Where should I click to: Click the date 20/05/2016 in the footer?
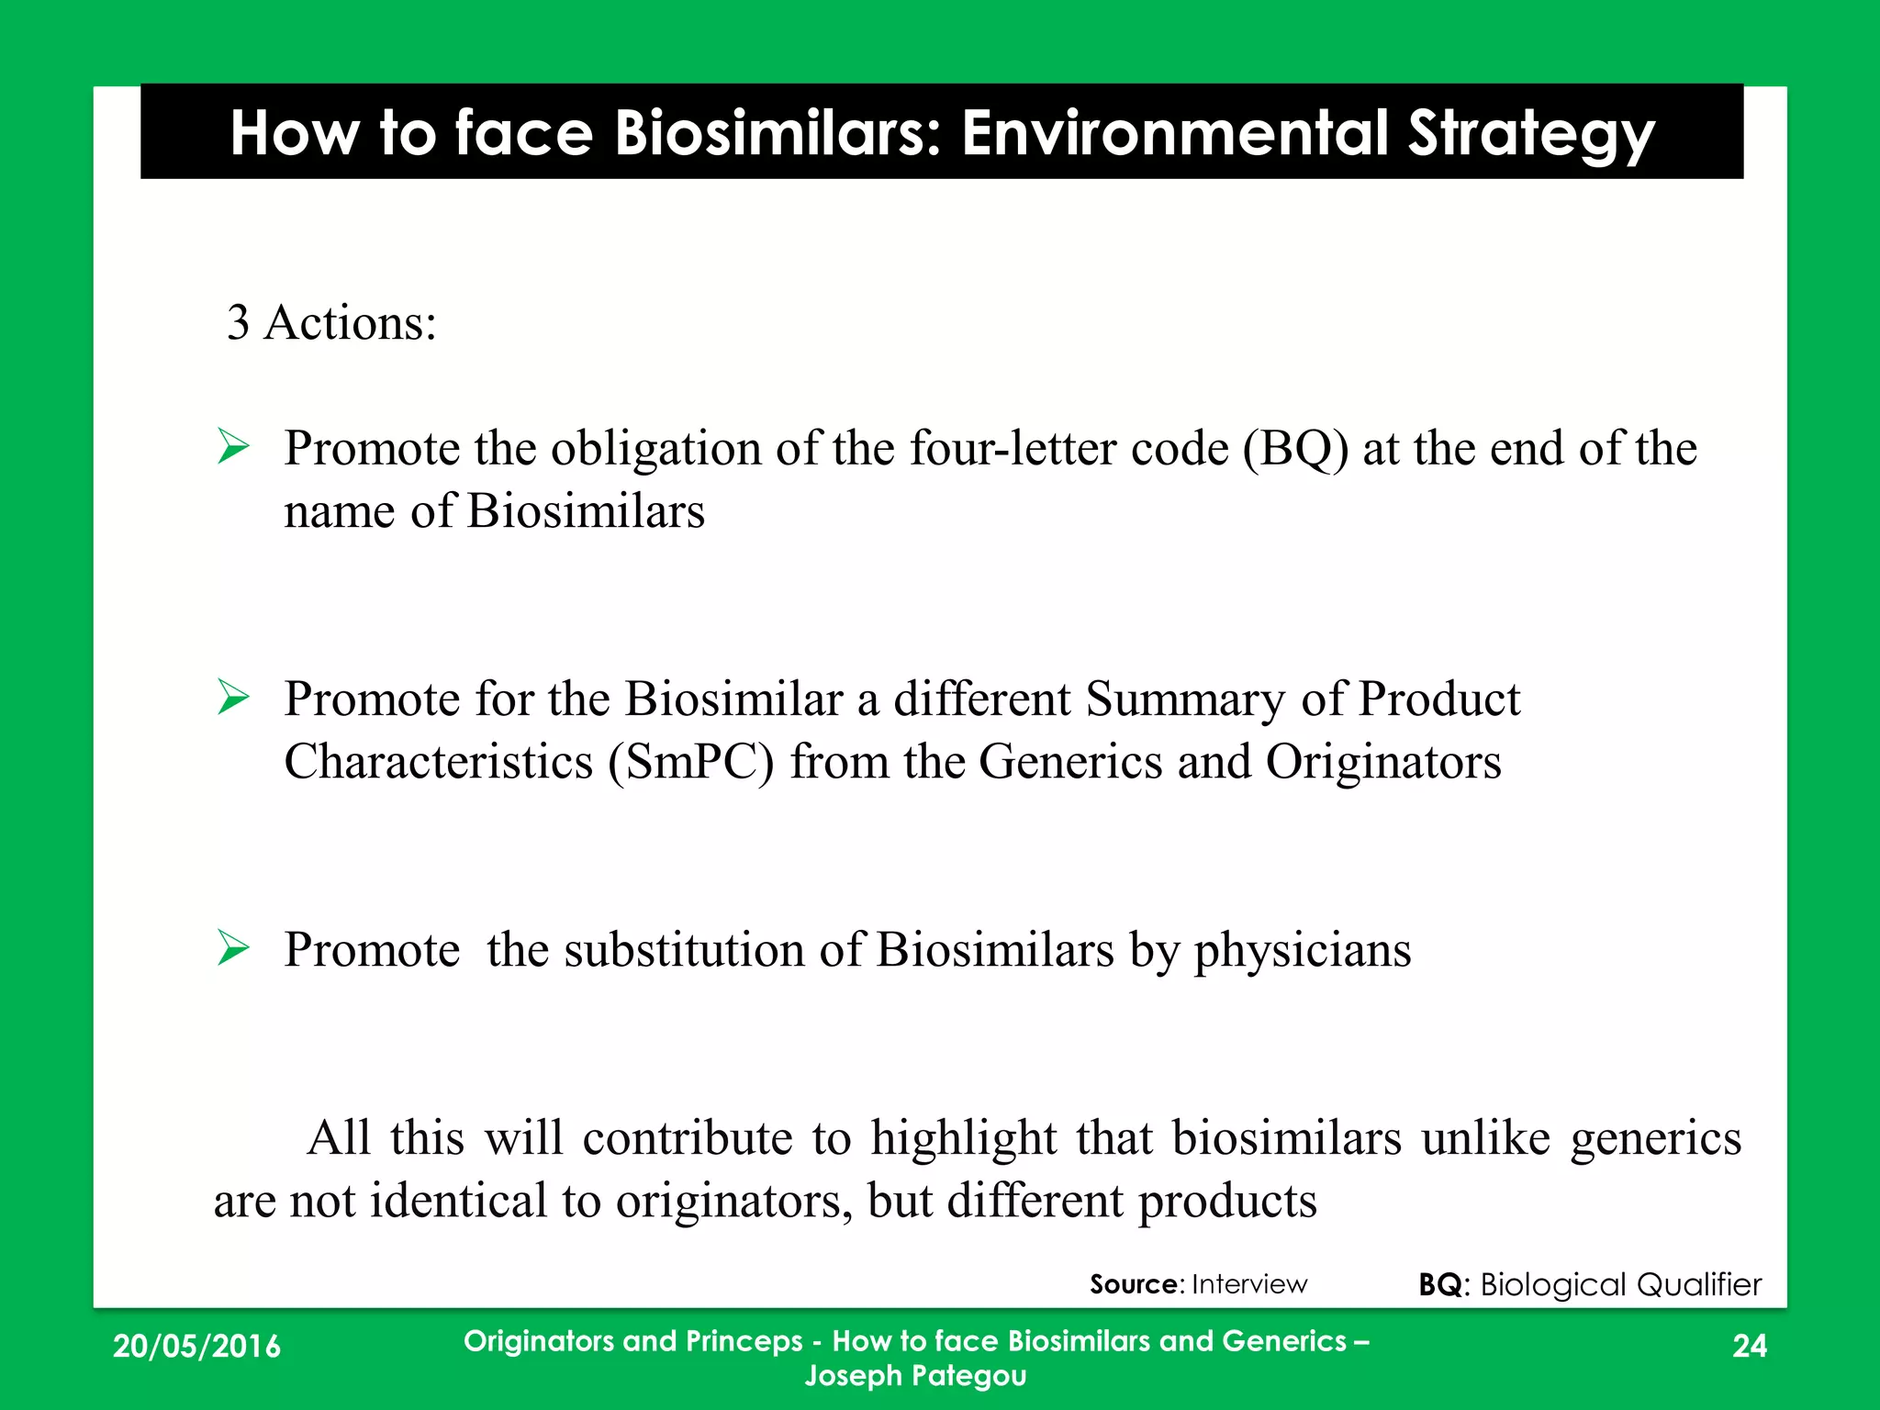pyautogui.click(x=196, y=1346)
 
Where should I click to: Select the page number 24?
pyautogui.click(x=1749, y=1346)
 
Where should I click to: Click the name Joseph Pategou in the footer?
pyautogui.click(x=915, y=1376)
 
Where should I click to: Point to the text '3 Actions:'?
pyautogui.click(x=331, y=323)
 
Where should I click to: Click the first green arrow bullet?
pyautogui.click(x=234, y=447)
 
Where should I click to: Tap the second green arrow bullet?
pyautogui.click(x=234, y=698)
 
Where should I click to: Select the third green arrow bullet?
pyautogui.click(x=234, y=948)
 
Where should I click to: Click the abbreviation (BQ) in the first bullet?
pyautogui.click(x=1294, y=449)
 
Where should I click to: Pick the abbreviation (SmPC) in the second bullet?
pyautogui.click(x=690, y=763)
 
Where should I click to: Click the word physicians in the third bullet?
pyautogui.click(x=1302, y=951)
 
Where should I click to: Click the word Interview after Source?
pyautogui.click(x=1248, y=1284)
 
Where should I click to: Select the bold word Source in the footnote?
pyautogui.click(x=1134, y=1284)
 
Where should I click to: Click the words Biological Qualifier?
pyautogui.click(x=1620, y=1284)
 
